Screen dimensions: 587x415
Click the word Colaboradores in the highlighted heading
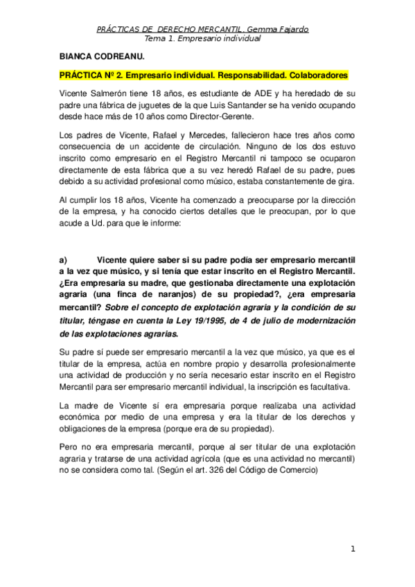315,75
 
